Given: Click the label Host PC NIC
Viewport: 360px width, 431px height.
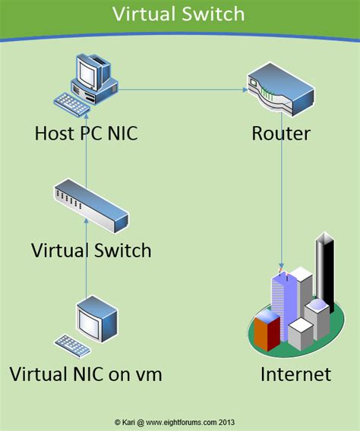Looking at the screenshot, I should (x=86, y=134).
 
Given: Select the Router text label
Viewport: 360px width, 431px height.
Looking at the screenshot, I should (x=281, y=134).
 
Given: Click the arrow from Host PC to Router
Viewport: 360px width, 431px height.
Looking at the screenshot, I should (x=182, y=90).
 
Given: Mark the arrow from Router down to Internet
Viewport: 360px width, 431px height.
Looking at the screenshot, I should (x=282, y=205).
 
